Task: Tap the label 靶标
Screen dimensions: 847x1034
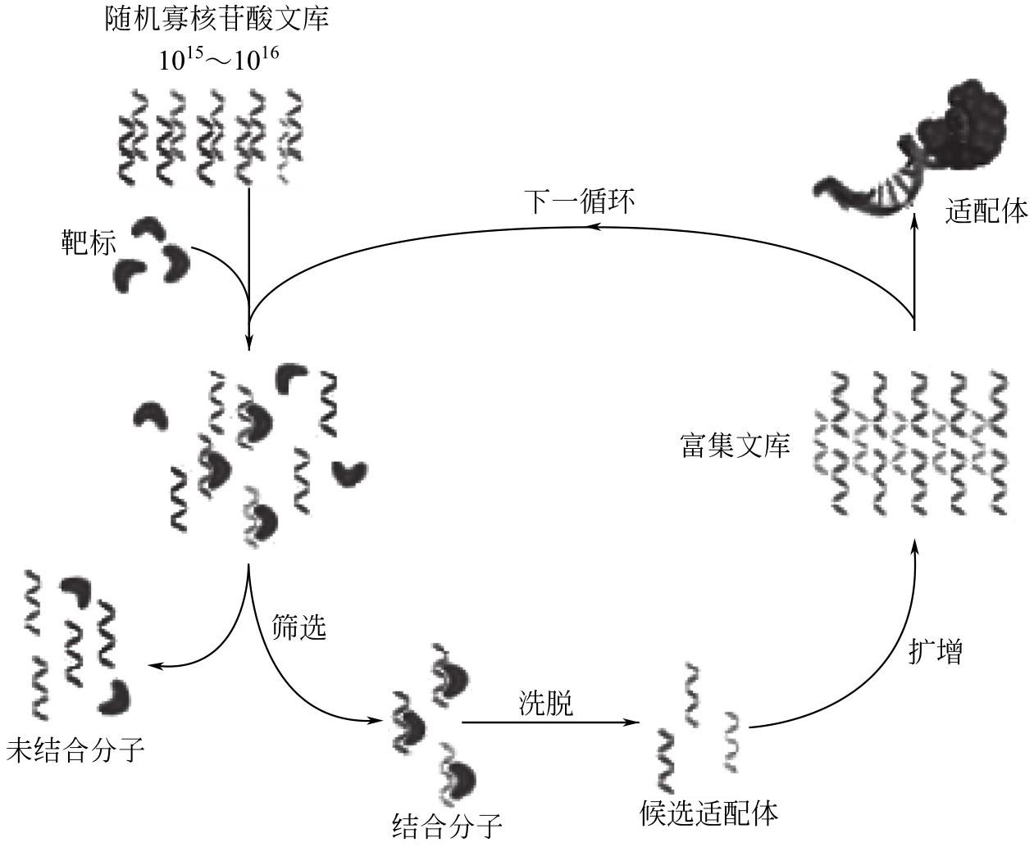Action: (x=89, y=243)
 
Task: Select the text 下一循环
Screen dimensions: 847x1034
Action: (x=579, y=202)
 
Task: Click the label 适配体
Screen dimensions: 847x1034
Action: (x=986, y=212)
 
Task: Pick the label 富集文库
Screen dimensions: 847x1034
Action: (x=735, y=446)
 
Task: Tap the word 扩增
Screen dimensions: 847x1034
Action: (x=935, y=652)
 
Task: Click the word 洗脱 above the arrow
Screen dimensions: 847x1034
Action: (x=545, y=702)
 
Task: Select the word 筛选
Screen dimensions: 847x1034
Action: (x=299, y=627)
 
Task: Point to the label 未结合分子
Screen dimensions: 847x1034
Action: (x=75, y=750)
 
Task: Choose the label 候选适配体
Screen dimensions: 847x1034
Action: (x=708, y=813)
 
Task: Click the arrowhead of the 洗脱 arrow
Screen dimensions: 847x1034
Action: (x=633, y=722)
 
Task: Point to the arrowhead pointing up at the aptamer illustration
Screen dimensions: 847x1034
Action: (x=914, y=220)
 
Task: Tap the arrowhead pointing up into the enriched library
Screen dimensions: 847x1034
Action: (x=914, y=544)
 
